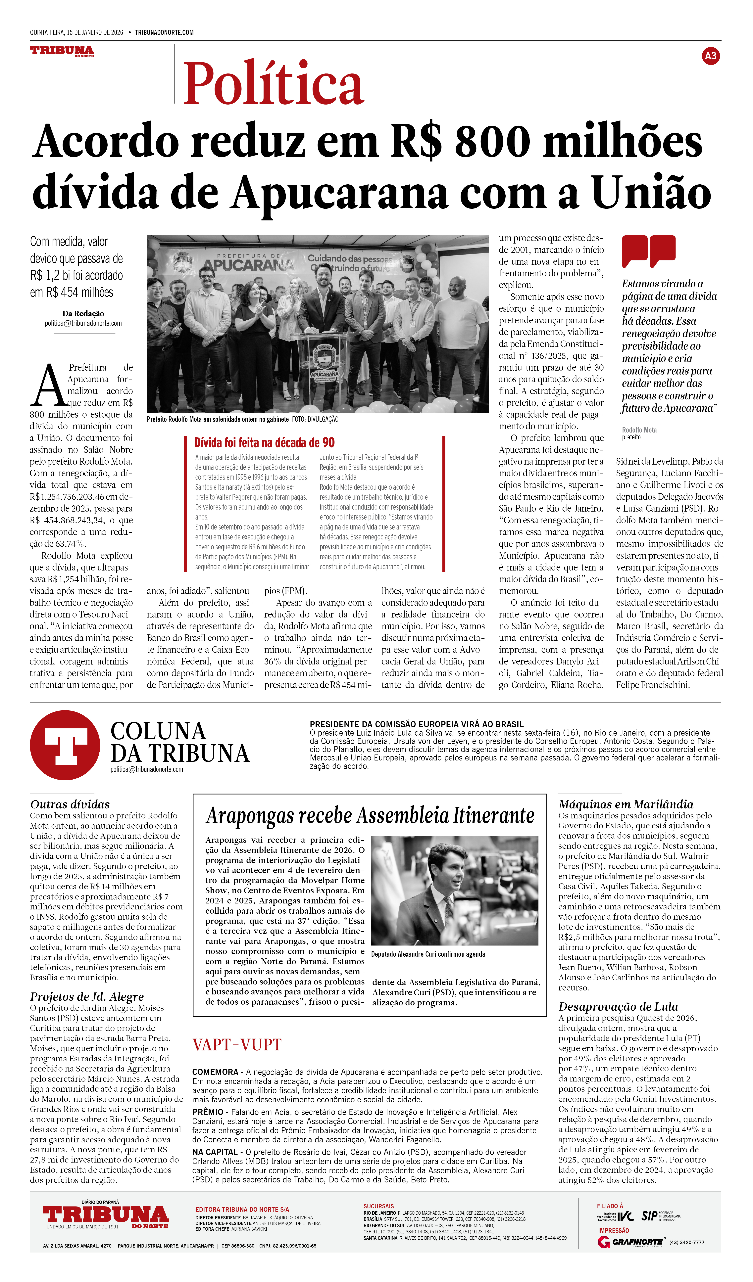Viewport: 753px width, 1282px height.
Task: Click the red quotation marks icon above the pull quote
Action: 649,251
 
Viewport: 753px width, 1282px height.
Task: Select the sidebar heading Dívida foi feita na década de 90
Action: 264,443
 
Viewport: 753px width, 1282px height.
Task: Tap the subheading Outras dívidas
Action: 70,804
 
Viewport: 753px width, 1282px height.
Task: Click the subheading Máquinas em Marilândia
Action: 626,804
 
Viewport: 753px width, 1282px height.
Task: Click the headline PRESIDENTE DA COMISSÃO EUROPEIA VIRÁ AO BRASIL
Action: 416,724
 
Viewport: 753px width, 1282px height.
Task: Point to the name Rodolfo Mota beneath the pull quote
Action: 639,430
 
